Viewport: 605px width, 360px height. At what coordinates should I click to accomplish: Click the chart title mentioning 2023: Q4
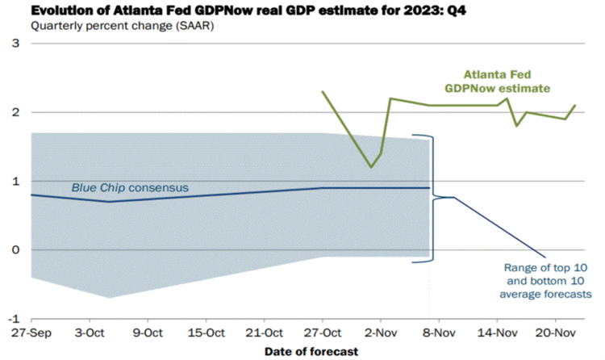point(248,10)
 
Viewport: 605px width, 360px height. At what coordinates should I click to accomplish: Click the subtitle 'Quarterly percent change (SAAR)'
point(123,27)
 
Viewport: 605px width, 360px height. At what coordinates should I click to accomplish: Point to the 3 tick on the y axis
point(15,44)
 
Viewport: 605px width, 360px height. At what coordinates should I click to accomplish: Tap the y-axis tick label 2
point(15,112)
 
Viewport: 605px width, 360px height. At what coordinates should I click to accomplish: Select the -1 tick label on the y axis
point(14,319)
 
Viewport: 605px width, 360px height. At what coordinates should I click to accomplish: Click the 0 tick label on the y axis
point(15,250)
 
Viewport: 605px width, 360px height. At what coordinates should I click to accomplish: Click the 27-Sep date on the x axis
point(31,333)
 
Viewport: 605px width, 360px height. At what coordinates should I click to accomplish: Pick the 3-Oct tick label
point(90,333)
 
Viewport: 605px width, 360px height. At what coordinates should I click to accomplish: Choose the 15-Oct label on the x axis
point(206,333)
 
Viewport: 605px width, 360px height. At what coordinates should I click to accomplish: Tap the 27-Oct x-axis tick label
point(323,333)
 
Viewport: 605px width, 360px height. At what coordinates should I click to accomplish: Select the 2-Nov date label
point(381,333)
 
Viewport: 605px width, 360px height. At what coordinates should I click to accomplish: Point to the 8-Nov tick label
point(439,333)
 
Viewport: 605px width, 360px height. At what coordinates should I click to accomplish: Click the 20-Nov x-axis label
point(556,333)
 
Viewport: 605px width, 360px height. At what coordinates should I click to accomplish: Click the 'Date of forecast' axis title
point(311,352)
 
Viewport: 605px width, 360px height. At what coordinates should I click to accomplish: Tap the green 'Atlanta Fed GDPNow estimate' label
point(498,82)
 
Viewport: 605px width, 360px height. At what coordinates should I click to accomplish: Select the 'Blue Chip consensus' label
point(130,188)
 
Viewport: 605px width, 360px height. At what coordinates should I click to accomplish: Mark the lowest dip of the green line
point(371,167)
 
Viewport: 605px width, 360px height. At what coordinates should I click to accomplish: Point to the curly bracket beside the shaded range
point(433,197)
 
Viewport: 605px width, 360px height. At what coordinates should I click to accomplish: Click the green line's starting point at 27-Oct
point(323,91)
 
